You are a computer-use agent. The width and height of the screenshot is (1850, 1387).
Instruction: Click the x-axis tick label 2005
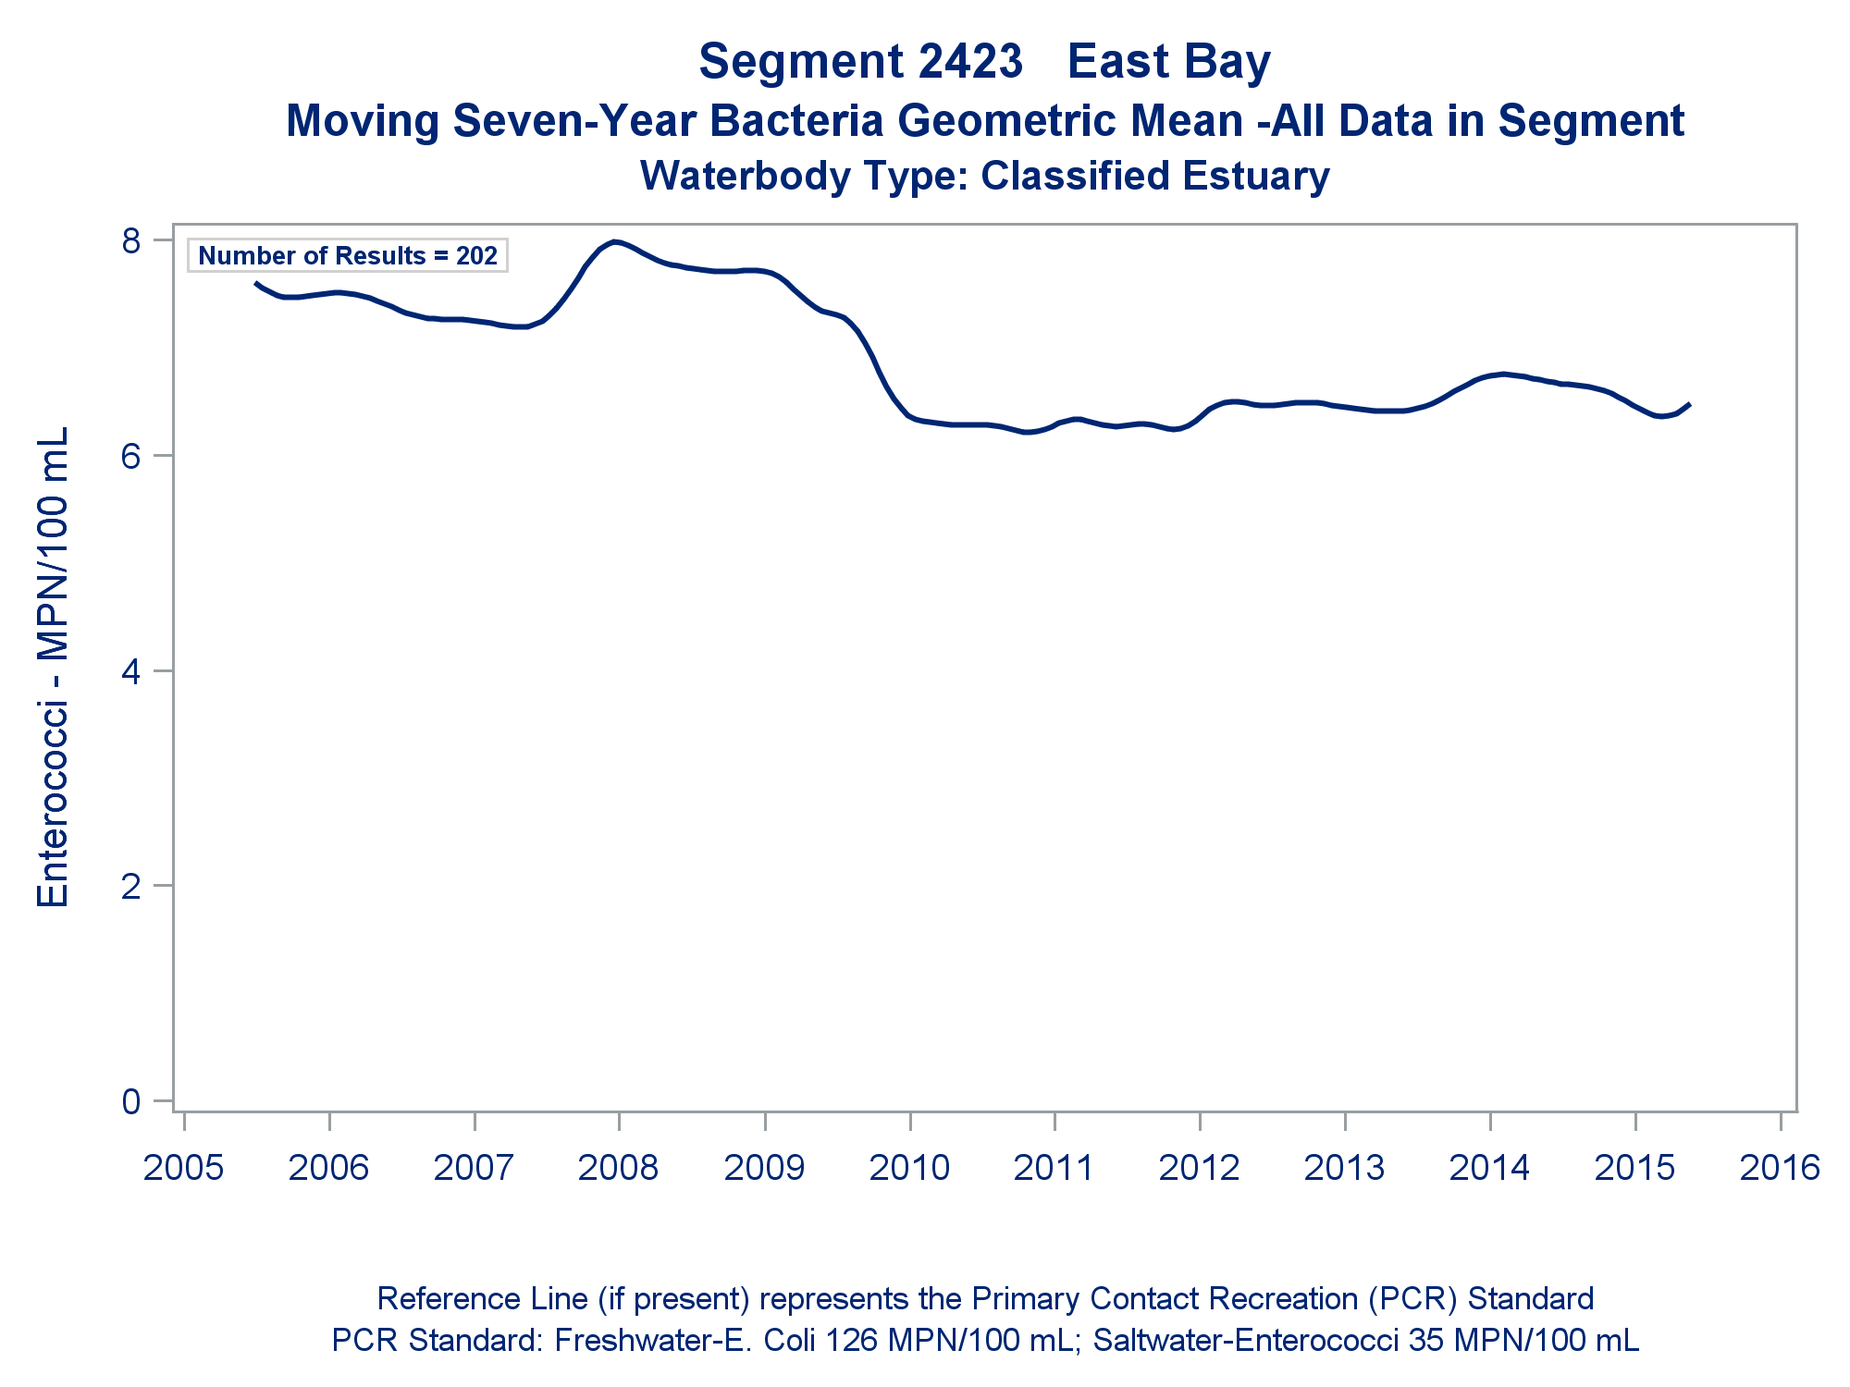tap(183, 1168)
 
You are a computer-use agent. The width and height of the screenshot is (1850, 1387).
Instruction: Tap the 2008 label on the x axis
tap(618, 1168)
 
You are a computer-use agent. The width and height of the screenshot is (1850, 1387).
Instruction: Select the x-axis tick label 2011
tap(1054, 1168)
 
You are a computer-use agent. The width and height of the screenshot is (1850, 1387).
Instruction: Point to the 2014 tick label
tap(1489, 1168)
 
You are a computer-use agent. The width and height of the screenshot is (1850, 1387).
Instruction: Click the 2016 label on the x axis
tap(1780, 1168)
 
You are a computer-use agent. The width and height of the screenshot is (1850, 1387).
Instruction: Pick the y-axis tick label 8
tap(131, 240)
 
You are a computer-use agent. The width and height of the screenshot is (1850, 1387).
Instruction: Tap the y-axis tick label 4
tap(131, 670)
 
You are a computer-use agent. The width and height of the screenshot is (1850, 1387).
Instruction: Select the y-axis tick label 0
tap(131, 1101)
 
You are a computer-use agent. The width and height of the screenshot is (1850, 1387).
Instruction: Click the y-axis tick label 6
tap(131, 456)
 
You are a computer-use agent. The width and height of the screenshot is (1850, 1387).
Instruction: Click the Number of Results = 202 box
tap(348, 256)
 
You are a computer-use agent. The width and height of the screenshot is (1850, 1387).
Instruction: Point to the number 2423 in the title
tap(970, 62)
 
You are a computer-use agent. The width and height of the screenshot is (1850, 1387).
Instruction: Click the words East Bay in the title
tap(1169, 62)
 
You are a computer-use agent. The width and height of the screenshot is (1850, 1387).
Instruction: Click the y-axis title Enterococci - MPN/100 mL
tap(53, 668)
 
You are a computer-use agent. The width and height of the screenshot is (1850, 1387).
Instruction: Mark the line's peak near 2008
tap(614, 242)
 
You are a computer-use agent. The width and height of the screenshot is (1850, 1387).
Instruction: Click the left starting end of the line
tap(256, 283)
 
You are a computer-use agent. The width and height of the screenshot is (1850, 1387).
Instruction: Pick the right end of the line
tap(1689, 404)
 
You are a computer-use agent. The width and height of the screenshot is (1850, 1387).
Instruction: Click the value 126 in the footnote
tap(850, 1340)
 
